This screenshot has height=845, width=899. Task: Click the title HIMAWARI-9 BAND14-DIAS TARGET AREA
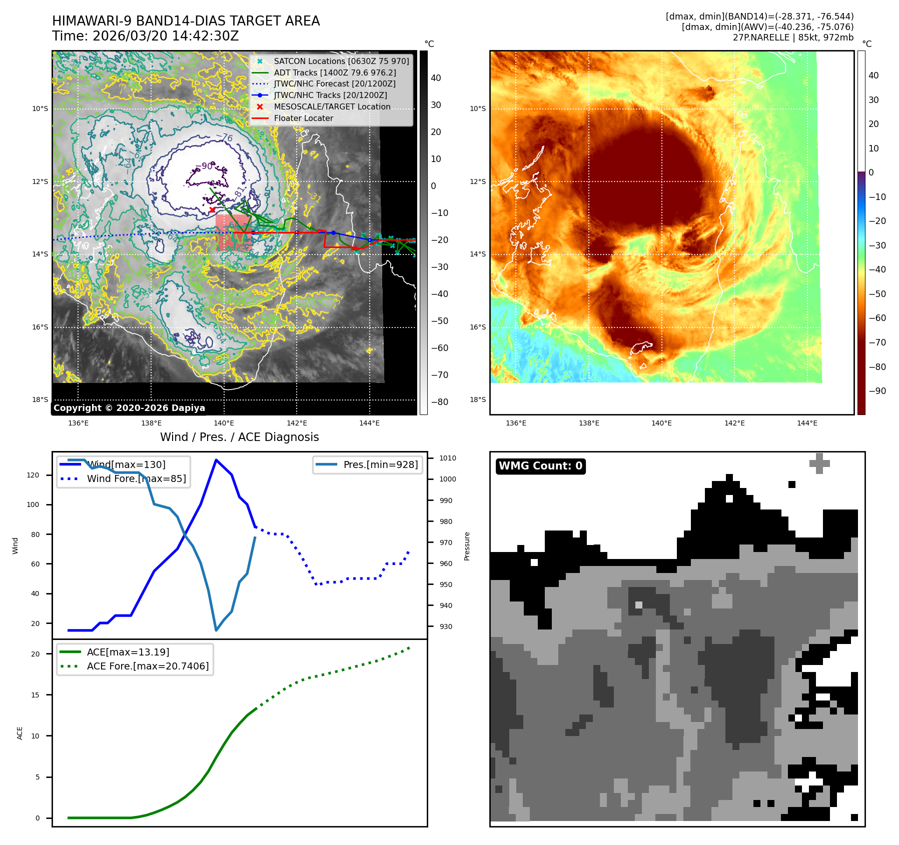coord(186,21)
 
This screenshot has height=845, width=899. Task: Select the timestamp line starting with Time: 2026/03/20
coord(145,36)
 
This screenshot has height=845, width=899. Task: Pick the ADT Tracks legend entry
coord(335,72)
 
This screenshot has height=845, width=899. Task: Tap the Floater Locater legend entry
coord(303,118)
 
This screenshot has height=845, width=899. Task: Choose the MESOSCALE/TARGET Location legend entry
coord(332,106)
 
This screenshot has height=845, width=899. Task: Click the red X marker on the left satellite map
coord(212,209)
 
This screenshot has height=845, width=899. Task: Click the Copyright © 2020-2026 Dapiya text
coord(129,408)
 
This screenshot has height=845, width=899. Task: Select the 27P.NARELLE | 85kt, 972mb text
coord(793,37)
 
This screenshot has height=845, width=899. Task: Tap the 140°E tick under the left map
coord(224,423)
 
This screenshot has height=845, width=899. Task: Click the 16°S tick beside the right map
coord(477,327)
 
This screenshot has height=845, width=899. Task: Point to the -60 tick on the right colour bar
coord(877,318)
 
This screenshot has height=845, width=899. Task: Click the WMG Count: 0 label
coord(540,466)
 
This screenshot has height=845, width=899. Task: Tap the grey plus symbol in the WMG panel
coord(819,463)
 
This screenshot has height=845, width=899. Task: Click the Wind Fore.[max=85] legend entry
coord(136,478)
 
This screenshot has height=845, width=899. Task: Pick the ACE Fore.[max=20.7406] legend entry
coord(148,666)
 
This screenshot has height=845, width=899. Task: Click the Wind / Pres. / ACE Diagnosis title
coord(239,437)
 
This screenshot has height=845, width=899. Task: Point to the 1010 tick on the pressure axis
coord(447,458)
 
